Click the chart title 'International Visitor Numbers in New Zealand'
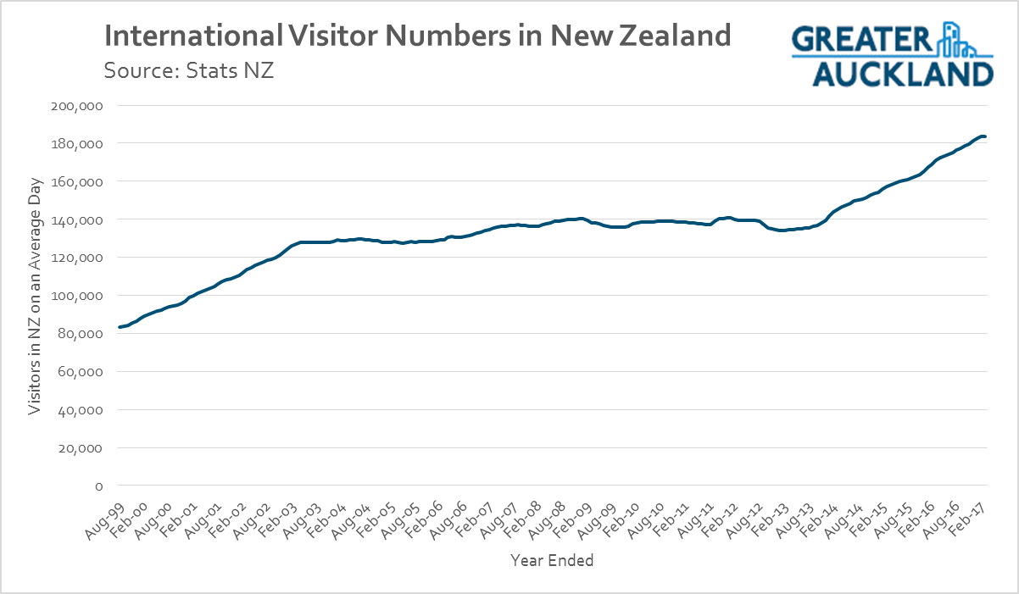coord(416,36)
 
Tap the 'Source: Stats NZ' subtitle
coord(188,70)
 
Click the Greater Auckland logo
coord(892,55)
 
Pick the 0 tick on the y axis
coord(98,486)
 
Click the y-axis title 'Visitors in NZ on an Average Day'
coord(35,296)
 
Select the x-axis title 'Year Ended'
coord(552,560)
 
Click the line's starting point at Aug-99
coord(120,327)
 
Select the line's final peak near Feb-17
coord(982,136)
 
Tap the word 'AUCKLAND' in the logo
coord(903,73)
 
